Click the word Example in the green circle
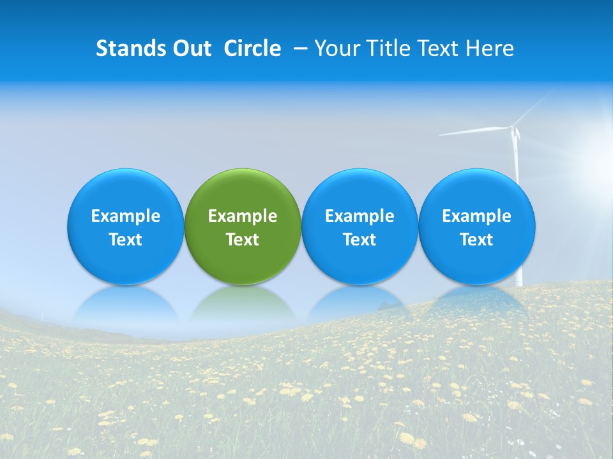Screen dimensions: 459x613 pyautogui.click(x=243, y=216)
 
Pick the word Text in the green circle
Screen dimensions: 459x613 pyautogui.click(x=243, y=240)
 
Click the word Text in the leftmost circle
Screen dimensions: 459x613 pyautogui.click(x=126, y=240)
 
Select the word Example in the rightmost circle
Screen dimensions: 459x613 pyautogui.click(x=477, y=216)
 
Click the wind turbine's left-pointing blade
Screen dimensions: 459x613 pyautogui.click(x=473, y=131)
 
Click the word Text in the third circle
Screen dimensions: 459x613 pyautogui.click(x=359, y=240)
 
